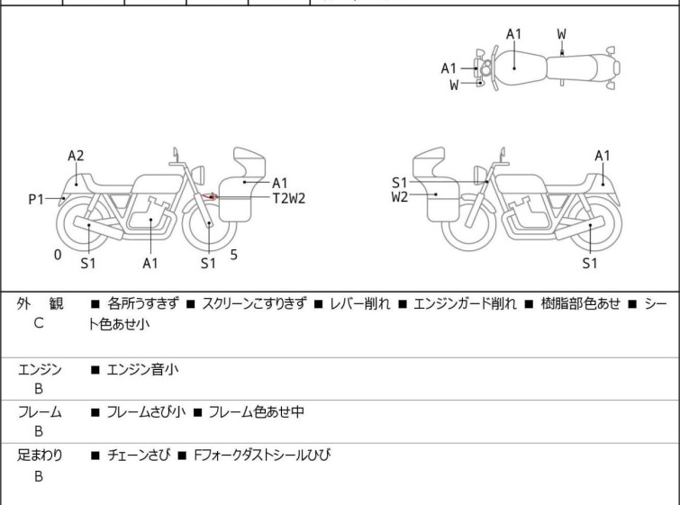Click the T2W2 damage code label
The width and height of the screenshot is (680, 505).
[x=289, y=198]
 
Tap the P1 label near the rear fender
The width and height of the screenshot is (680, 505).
[x=36, y=200]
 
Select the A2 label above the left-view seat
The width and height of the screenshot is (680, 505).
[x=76, y=156]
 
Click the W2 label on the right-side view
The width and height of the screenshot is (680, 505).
[x=399, y=197]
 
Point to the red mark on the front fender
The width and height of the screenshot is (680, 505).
[x=210, y=197]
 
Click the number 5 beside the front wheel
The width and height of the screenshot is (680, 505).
[x=234, y=255]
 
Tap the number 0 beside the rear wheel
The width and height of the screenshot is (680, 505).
[x=58, y=255]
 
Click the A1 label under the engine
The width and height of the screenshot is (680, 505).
[x=150, y=263]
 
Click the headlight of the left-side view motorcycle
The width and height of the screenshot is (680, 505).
[x=198, y=176]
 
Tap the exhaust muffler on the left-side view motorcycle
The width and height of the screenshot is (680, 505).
[x=98, y=228]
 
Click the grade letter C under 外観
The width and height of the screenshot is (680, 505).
[x=39, y=323]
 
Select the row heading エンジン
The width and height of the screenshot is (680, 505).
[x=40, y=369]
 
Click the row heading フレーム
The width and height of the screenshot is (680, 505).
[x=40, y=411]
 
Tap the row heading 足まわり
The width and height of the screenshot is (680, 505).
[x=40, y=455]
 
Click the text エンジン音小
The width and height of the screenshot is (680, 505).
[x=142, y=369]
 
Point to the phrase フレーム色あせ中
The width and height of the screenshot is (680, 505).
[x=256, y=411]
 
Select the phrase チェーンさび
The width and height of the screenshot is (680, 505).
[x=139, y=455]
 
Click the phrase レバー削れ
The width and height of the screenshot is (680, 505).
[x=359, y=304]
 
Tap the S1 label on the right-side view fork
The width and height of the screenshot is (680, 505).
[x=399, y=183]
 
